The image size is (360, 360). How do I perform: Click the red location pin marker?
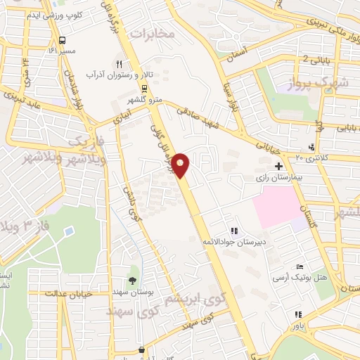[182, 165]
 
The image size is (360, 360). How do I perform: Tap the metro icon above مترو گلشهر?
[145, 88]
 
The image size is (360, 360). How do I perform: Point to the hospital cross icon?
[279, 167]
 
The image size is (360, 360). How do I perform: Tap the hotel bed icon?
[300, 267]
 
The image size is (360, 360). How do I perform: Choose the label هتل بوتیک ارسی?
[300, 279]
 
